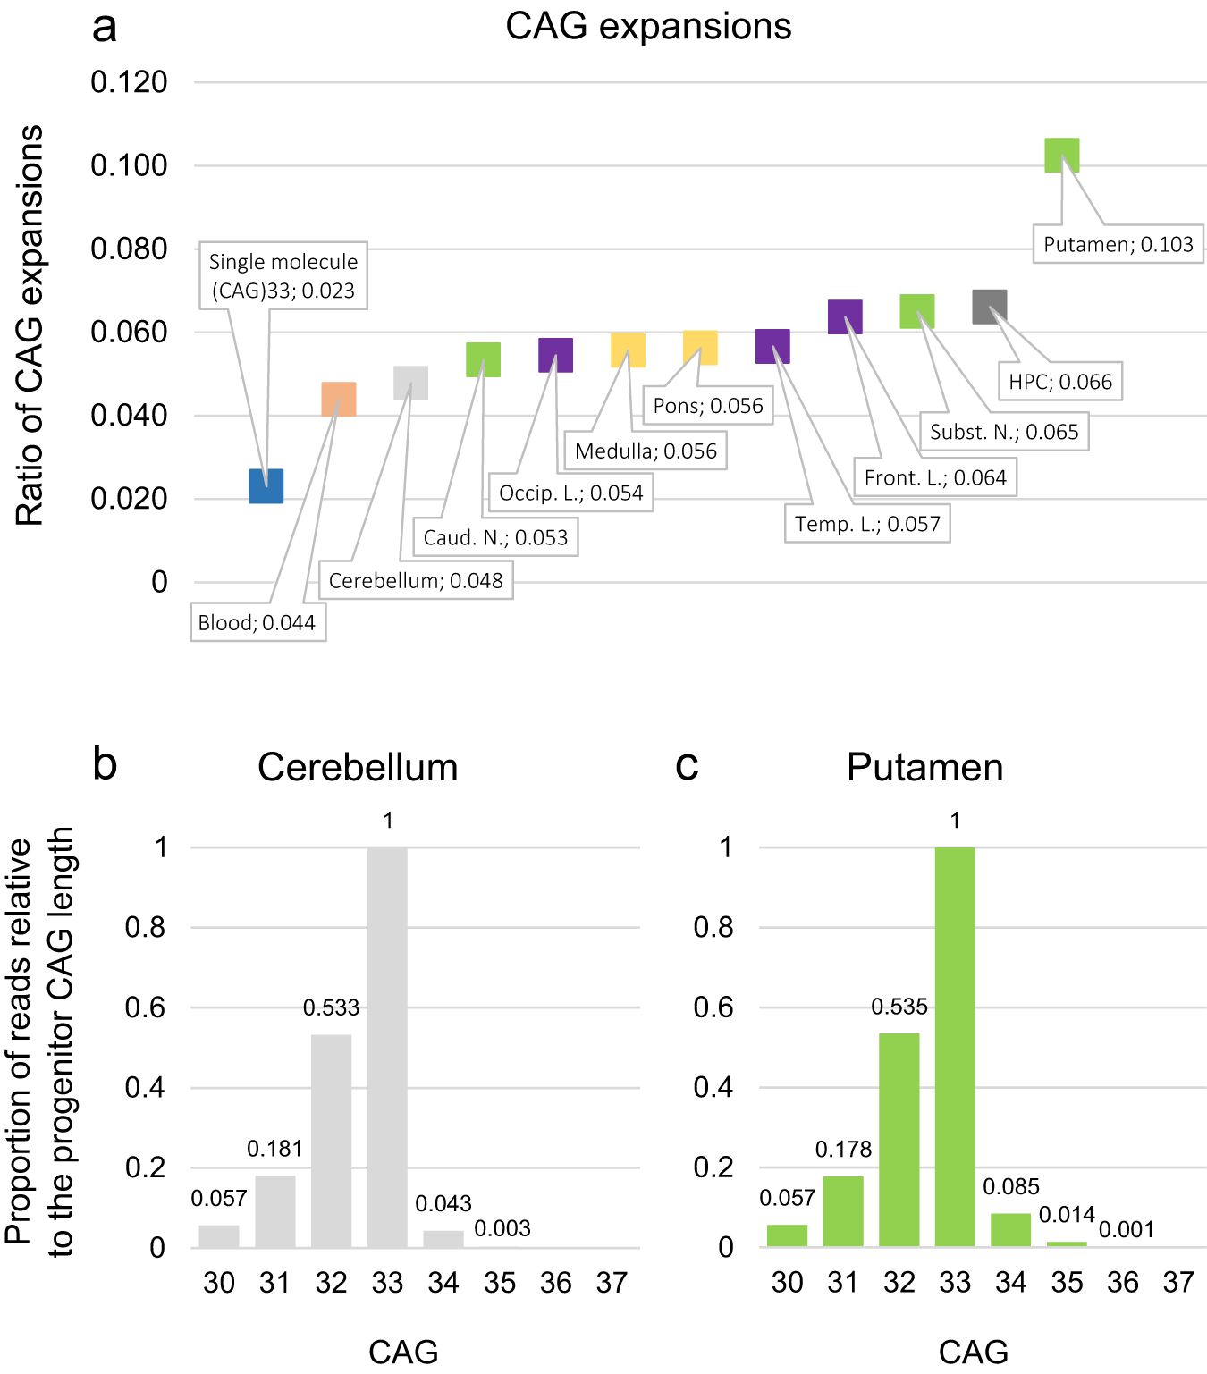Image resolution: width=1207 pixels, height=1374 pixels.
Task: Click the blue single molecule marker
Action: (x=266, y=486)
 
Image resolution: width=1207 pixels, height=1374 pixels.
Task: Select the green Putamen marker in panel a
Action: (x=1062, y=156)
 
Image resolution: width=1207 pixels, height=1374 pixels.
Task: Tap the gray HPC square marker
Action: (x=990, y=307)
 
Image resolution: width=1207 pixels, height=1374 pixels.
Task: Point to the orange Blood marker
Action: (x=339, y=400)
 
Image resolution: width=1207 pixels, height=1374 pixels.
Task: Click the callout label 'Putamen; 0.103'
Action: (x=1118, y=244)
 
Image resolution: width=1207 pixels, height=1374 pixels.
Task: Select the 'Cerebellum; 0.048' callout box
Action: (x=416, y=580)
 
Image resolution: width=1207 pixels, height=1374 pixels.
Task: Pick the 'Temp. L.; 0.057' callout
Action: (x=867, y=524)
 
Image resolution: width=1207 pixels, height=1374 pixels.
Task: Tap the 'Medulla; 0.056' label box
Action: (x=646, y=451)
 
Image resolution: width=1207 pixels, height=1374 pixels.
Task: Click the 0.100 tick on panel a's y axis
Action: (x=130, y=165)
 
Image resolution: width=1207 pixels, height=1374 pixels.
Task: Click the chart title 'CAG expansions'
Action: (x=648, y=27)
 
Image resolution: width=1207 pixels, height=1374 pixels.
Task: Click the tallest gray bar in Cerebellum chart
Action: (x=387, y=1046)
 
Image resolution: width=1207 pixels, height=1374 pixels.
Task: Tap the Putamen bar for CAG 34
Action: (x=1010, y=1230)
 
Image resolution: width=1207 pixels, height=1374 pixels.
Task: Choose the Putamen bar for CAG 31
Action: (x=843, y=1211)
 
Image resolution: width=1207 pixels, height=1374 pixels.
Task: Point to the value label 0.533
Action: (x=331, y=1007)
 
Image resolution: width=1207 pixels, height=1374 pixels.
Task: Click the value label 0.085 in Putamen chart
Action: (x=1011, y=1186)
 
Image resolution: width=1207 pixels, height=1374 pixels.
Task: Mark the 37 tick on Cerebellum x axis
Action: (x=612, y=1283)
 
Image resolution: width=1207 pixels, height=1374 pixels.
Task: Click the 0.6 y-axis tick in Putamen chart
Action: (x=713, y=1007)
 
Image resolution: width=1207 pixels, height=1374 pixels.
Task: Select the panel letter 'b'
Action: (x=105, y=764)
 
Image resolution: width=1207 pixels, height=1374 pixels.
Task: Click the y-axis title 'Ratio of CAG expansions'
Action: (x=30, y=325)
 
